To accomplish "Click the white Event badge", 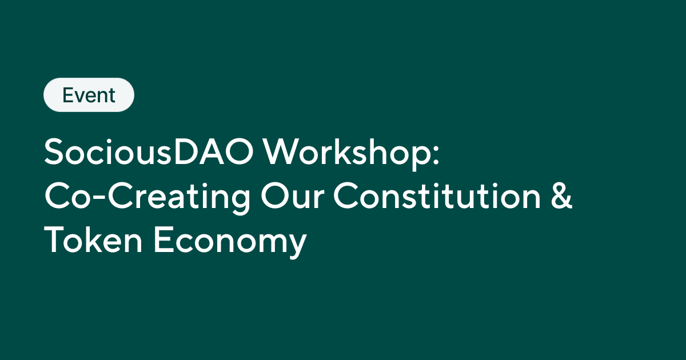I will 89,95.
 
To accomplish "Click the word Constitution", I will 437,197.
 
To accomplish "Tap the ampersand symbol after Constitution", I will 562,197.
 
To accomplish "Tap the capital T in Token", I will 56,241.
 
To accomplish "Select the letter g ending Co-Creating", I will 240,202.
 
